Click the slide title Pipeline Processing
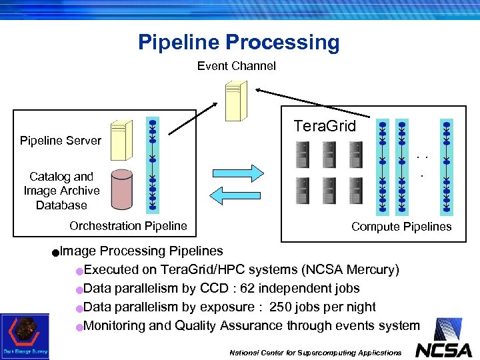[x=239, y=43]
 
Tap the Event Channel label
[x=236, y=66]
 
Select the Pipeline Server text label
[x=61, y=141]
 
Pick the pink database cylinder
[x=122, y=190]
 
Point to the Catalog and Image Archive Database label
[x=61, y=191]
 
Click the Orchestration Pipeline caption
[x=128, y=226]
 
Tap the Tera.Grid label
[x=325, y=127]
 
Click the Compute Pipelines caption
[x=401, y=227]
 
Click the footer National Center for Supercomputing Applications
[x=315, y=352]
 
